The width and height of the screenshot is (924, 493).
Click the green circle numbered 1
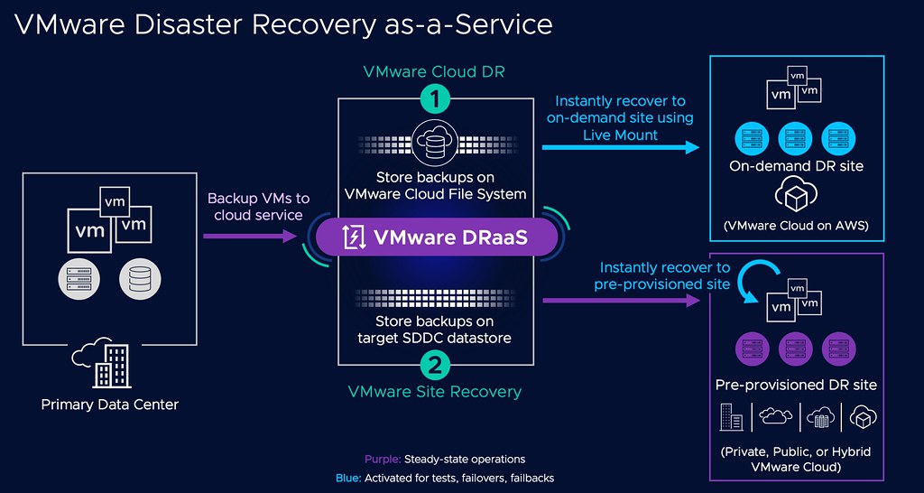pos(436,100)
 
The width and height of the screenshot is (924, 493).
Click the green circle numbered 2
pos(436,365)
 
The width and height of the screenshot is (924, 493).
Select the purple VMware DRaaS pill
pos(435,237)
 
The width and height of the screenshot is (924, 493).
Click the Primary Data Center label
pos(110,404)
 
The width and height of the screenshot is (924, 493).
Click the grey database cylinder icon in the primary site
pos(138,280)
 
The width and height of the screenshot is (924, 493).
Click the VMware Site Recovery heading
pos(435,391)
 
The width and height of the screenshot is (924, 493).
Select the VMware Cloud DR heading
pos(435,71)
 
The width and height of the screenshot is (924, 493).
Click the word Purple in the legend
pos(382,459)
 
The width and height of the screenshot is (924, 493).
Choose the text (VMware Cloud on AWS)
pos(796,226)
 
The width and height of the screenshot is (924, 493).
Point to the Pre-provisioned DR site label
pos(796,385)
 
